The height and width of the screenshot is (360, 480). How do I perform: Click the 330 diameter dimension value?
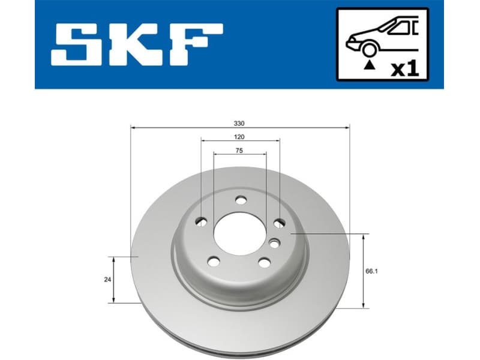click(239, 123)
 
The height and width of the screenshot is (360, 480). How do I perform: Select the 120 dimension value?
click(239, 137)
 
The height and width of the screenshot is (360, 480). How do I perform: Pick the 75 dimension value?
click(239, 151)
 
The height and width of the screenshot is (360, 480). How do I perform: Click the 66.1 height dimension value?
click(371, 271)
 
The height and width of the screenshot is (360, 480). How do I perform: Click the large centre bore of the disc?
click(240, 232)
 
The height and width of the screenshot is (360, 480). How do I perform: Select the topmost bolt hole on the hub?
click(241, 200)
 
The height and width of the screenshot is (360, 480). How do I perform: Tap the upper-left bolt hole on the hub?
click(202, 223)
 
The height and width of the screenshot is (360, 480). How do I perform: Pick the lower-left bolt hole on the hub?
click(214, 261)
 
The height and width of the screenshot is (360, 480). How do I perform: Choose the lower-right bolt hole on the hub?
click(264, 262)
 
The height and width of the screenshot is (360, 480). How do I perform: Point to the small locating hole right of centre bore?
click(274, 243)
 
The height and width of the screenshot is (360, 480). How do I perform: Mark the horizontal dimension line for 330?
click(180, 128)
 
